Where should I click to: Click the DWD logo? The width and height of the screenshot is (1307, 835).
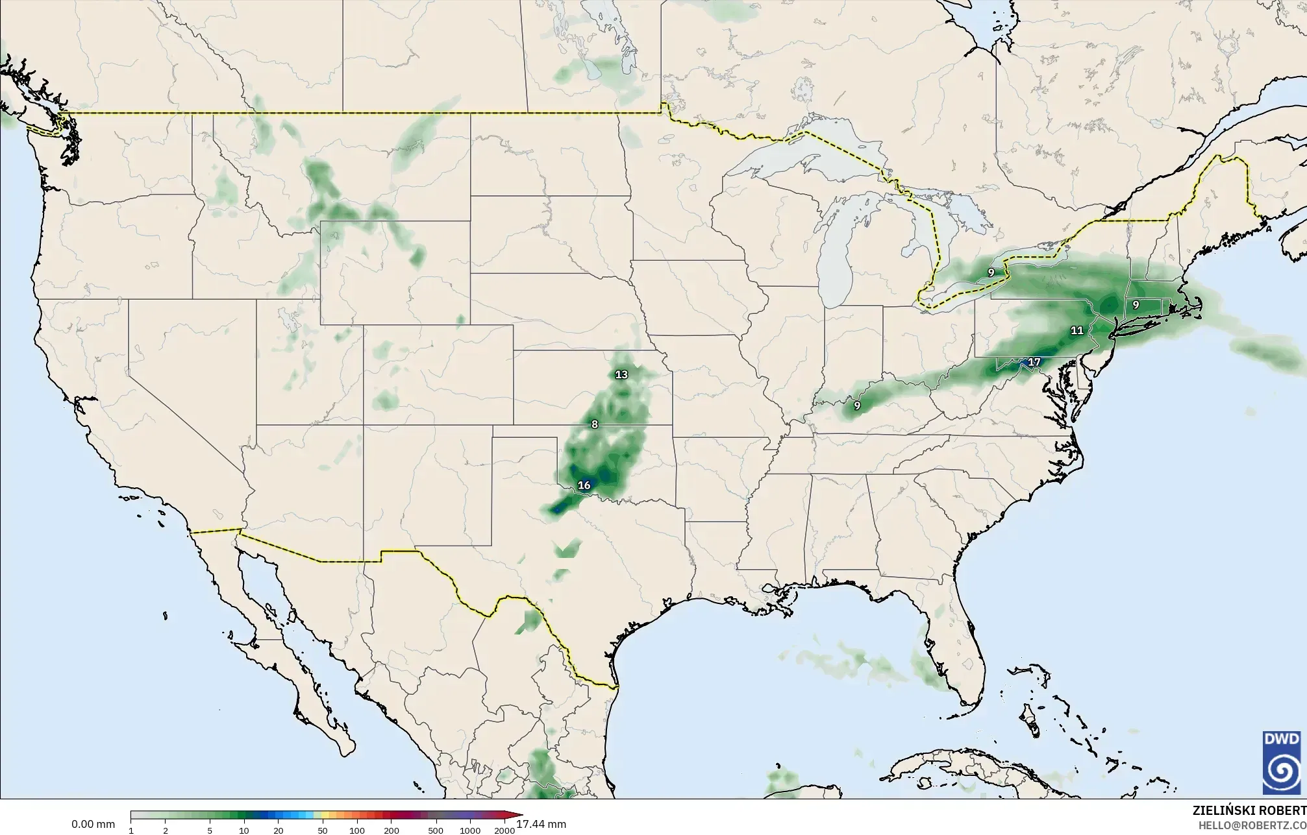[x=1282, y=762]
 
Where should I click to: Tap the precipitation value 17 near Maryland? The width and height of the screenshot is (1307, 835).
[x=1034, y=362]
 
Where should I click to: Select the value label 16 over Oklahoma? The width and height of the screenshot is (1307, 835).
[x=584, y=485]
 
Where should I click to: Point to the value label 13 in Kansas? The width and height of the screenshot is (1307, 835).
[x=621, y=374]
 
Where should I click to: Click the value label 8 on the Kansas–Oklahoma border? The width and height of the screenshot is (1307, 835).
[x=594, y=424]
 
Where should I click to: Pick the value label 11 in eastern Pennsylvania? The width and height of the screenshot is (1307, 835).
[x=1077, y=330]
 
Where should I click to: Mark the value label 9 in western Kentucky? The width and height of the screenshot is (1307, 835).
[x=857, y=406]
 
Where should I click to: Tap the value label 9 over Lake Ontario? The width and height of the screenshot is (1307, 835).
[x=991, y=272]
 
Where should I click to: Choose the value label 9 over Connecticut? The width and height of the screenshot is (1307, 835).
[x=1136, y=305]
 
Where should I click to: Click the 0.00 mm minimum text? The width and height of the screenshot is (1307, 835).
[x=93, y=825]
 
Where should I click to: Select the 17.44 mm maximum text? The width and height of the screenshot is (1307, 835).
[x=541, y=824]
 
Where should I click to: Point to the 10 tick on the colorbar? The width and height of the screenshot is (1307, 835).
[x=243, y=830]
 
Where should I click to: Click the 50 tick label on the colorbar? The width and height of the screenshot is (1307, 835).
[x=323, y=830]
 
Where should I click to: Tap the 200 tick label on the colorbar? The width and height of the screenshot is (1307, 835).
[x=391, y=830]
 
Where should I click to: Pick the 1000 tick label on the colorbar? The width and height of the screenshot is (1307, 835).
[x=470, y=830]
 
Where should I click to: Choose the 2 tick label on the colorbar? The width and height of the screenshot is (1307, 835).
[x=166, y=830]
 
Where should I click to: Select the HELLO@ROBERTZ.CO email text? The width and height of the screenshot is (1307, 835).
[x=1252, y=825]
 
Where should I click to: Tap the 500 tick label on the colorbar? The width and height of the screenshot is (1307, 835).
[x=436, y=830]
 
